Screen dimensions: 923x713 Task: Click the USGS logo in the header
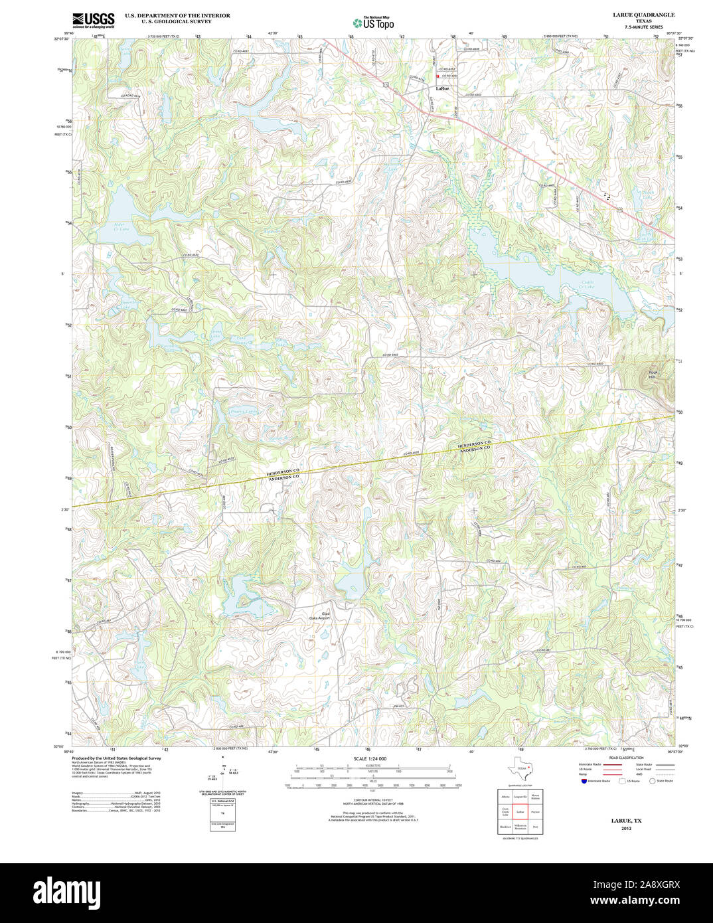[x=93, y=19]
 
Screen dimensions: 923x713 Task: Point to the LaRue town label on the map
[x=441, y=88]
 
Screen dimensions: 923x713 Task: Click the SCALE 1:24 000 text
[x=370, y=759]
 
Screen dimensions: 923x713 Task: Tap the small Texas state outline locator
[x=517, y=770]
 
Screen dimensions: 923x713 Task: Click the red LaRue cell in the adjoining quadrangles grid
[x=520, y=811]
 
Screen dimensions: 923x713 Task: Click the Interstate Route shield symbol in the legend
[x=584, y=781]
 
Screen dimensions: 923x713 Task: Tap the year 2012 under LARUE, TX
[x=626, y=829]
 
